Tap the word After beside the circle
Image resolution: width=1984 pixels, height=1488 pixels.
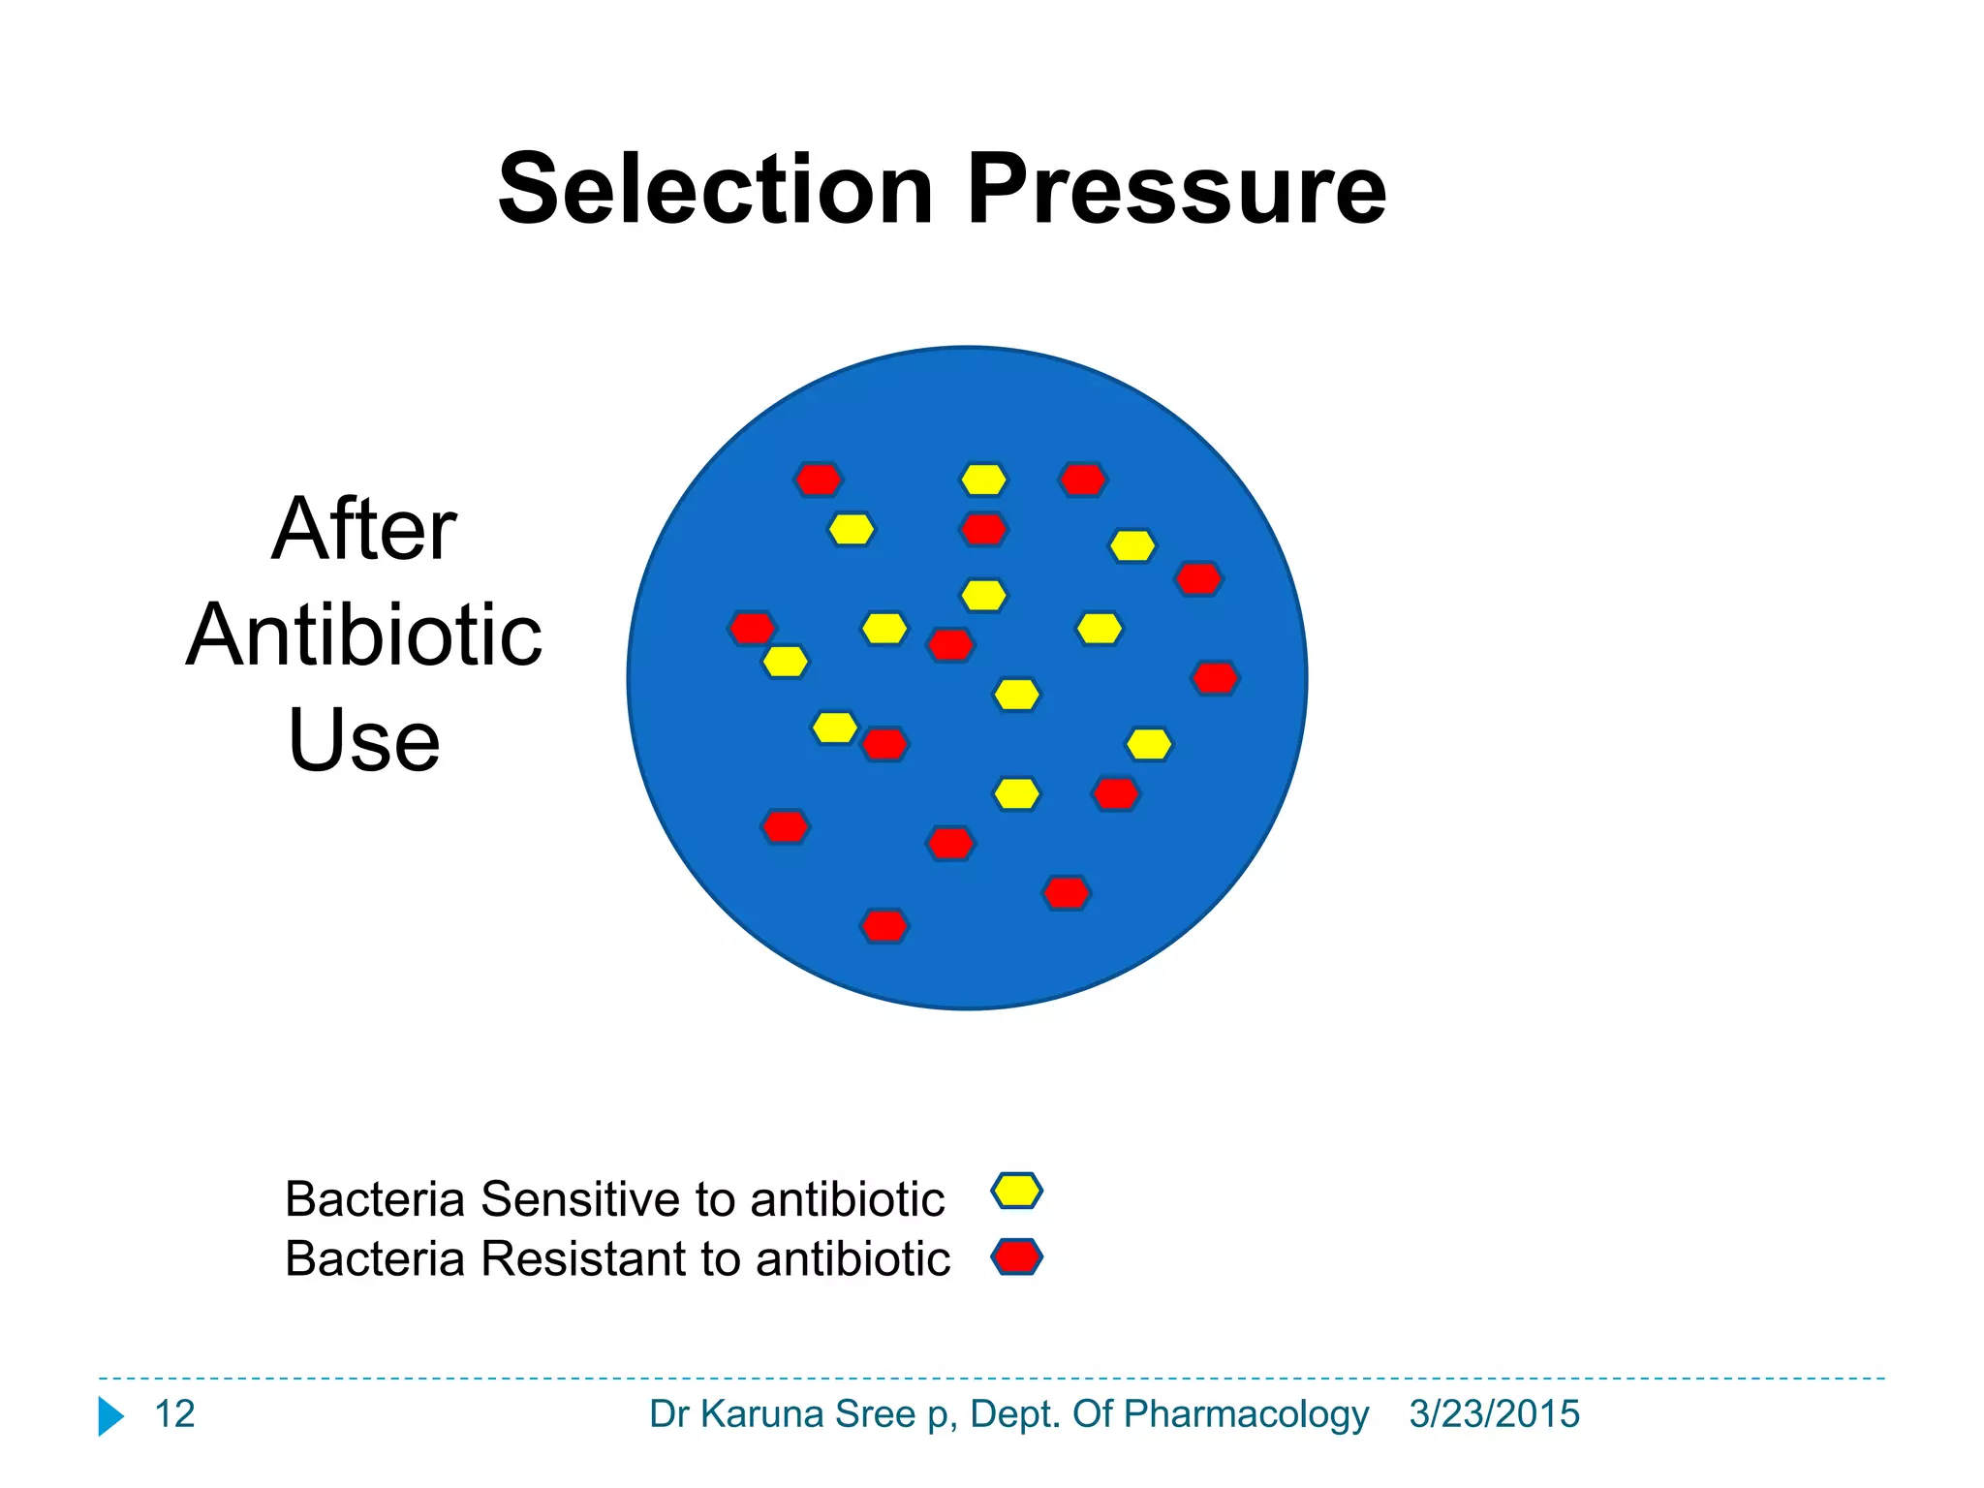tap(363, 529)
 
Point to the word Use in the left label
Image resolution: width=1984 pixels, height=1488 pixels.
tap(363, 740)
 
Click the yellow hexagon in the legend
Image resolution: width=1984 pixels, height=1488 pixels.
tap(1016, 1191)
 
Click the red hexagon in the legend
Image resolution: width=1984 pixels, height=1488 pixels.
tap(1016, 1256)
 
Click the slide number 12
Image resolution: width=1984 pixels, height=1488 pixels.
tap(174, 1414)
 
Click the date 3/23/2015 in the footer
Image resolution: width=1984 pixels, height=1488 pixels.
tap(1494, 1414)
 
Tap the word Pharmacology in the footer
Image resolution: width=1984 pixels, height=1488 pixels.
tap(1246, 1414)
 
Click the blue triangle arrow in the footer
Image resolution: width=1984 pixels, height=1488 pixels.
tap(110, 1416)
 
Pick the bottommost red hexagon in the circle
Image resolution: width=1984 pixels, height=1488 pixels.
tap(884, 926)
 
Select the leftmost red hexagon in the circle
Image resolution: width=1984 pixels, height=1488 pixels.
tap(752, 628)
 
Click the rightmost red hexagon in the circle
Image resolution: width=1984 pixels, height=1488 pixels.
tap(1215, 677)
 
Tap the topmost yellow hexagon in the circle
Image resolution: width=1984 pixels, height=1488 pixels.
tap(983, 480)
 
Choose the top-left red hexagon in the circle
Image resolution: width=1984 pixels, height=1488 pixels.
tap(818, 479)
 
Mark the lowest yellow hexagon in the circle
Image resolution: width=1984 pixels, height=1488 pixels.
tap(1016, 793)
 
